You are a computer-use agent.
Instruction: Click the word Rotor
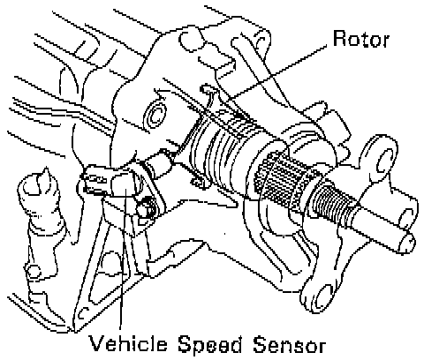pos(361,39)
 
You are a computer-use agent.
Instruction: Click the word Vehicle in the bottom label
pos(128,344)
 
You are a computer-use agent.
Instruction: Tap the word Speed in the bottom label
pos(210,345)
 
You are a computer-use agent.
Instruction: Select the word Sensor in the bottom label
pos(290,344)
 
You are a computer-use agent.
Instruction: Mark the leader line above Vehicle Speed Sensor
pos(123,259)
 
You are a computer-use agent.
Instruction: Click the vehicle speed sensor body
pos(113,183)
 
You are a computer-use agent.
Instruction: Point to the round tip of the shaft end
pos(407,242)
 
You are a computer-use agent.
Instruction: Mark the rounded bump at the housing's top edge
pos(191,41)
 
